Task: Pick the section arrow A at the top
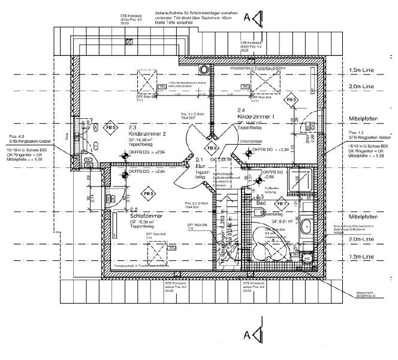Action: pyautogui.click(x=256, y=19)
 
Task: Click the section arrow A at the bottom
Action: pyautogui.click(x=256, y=334)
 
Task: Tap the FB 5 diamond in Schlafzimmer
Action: pyautogui.click(x=148, y=193)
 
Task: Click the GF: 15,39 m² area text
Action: pyautogui.click(x=143, y=222)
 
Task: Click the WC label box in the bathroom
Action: pyautogui.click(x=307, y=258)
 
